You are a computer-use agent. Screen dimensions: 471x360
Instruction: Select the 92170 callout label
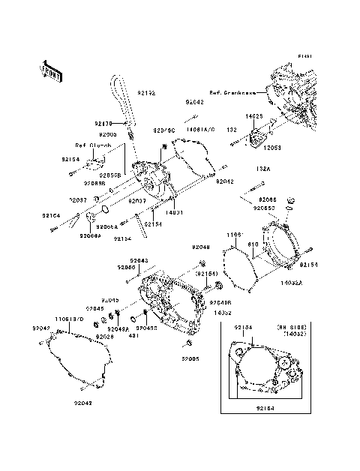(x=103, y=123)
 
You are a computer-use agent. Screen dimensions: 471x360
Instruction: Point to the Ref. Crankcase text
(x=232, y=93)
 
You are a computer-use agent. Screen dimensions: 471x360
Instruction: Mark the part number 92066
(x=268, y=199)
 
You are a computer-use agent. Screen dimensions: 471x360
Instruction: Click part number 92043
(x=139, y=259)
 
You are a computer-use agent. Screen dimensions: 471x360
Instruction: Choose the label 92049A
(x=117, y=328)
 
